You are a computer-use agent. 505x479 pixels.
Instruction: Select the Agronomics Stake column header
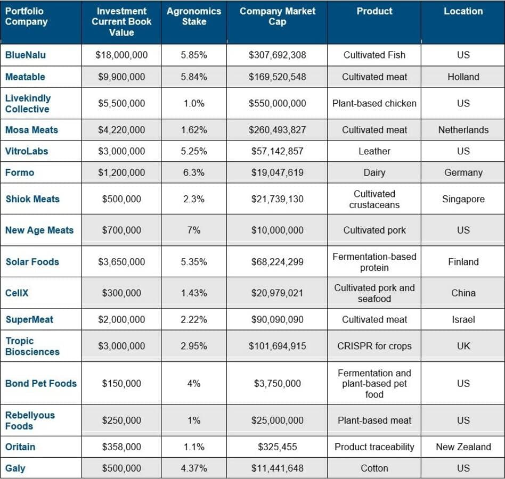tap(194, 16)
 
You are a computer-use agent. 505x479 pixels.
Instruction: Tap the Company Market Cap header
tap(277, 16)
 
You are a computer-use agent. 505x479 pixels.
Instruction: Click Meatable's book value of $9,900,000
tap(121, 77)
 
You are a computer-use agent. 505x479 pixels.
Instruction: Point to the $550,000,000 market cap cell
tap(277, 103)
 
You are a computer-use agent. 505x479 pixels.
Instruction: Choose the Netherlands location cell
tap(463, 130)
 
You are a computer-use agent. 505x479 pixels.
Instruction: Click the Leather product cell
tap(374, 151)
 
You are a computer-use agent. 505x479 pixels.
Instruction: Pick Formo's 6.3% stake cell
tap(194, 172)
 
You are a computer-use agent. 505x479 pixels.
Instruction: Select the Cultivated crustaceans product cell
tap(374, 199)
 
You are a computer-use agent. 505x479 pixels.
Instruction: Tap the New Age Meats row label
tap(39, 230)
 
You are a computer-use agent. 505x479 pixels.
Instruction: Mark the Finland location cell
tap(463, 262)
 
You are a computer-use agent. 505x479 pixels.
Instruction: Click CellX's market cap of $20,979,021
tap(277, 293)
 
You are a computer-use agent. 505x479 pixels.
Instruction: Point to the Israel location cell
tap(463, 319)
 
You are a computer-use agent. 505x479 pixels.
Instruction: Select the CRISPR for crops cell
tap(374, 346)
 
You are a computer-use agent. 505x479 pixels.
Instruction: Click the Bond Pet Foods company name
tap(41, 383)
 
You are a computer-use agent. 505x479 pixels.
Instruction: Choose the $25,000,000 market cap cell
tap(277, 420)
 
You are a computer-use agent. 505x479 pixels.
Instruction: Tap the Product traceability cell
tap(374, 447)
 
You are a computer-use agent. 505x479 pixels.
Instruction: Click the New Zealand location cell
tap(463, 447)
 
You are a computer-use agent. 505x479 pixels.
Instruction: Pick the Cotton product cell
tap(374, 468)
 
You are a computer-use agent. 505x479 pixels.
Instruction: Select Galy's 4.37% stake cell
tap(194, 468)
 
